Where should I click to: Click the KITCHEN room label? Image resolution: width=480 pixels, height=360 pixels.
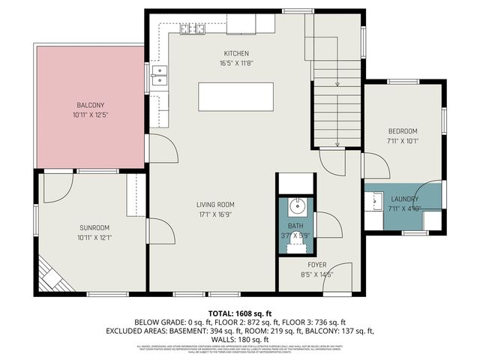coord(235,53)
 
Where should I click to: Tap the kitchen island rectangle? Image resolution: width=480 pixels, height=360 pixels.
coord(235,97)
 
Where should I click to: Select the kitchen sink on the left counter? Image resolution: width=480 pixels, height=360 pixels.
coord(159,73)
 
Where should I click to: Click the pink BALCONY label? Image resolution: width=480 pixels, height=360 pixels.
coord(91,105)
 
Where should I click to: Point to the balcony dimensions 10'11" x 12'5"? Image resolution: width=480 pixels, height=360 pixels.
coord(91,115)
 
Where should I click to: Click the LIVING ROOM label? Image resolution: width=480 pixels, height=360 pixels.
coord(215,204)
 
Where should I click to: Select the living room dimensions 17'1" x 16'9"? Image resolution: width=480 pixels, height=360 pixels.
coord(215,214)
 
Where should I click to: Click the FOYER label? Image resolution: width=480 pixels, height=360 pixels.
coord(316,264)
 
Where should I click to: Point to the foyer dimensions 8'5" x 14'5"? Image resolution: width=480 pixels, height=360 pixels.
coord(316,274)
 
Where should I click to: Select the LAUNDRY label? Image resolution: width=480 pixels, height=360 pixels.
coord(404,199)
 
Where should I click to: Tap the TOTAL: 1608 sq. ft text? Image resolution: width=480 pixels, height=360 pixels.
coord(239,313)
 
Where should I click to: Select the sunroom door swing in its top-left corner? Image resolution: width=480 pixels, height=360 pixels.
coord(57,189)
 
